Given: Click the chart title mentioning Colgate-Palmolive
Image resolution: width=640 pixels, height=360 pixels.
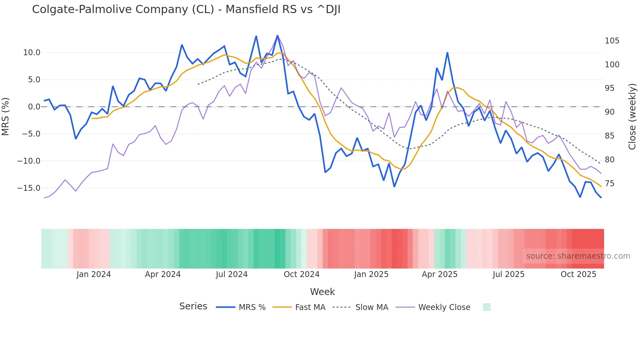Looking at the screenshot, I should (x=186, y=9).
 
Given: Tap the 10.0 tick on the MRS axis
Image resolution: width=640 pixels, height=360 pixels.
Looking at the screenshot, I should (x=31, y=53).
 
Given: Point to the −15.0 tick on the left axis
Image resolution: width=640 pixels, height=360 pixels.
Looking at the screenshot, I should (x=29, y=188).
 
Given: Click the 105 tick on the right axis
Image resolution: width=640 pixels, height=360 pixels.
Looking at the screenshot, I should (x=612, y=41).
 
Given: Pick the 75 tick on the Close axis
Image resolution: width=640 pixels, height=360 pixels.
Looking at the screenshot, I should (x=609, y=184).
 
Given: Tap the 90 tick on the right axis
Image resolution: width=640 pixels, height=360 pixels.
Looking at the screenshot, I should (x=609, y=112).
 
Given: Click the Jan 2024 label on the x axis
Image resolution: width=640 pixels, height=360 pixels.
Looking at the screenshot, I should (x=94, y=274).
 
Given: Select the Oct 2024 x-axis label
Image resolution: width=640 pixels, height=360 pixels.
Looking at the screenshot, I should (x=301, y=274).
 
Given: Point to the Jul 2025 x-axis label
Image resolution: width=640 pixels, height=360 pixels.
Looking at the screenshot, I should (x=508, y=274).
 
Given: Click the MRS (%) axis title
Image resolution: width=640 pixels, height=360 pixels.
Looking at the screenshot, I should (x=6, y=117).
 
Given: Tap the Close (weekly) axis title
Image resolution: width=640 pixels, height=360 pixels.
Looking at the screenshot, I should (x=632, y=117).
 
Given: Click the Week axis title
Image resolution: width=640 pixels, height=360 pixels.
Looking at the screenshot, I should (x=322, y=292).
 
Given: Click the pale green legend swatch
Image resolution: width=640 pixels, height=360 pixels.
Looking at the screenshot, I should (x=487, y=307).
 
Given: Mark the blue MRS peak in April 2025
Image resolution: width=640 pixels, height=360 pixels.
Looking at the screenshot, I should (x=447, y=53).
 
